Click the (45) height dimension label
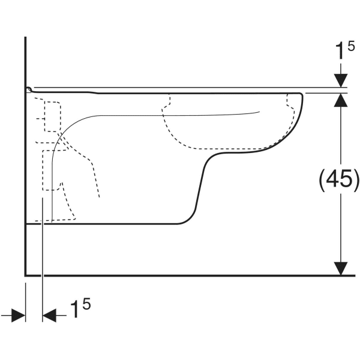coord(338,179)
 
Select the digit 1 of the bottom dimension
coord(76,311)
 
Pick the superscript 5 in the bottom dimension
coord(87,305)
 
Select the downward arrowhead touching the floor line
coord(341,268)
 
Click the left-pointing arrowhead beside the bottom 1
coord(49,314)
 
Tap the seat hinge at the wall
coord(28,89)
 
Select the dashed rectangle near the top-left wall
coord(53,115)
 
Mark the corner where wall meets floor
coord(25,275)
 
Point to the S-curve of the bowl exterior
coord(201,180)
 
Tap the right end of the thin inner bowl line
coord(259,112)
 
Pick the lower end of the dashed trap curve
coord(99,197)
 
